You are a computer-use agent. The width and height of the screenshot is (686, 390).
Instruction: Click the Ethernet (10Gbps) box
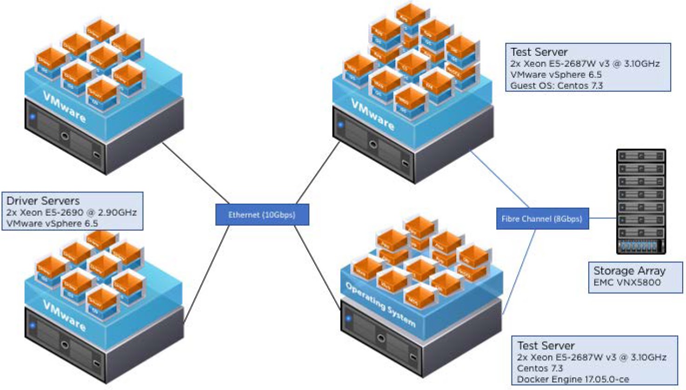pyautogui.click(x=262, y=215)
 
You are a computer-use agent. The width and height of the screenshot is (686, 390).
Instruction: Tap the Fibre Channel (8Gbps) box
pyautogui.click(x=542, y=218)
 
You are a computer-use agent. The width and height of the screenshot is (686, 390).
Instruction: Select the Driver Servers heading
pyautogui.click(x=43, y=201)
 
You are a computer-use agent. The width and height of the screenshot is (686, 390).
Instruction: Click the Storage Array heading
pyautogui.click(x=629, y=271)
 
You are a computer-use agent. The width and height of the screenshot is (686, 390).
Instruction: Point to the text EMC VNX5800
pyautogui.click(x=627, y=282)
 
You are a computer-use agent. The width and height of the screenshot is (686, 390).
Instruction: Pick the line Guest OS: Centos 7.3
pyautogui.click(x=556, y=86)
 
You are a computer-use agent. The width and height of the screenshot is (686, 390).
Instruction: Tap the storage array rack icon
pyautogui.click(x=641, y=201)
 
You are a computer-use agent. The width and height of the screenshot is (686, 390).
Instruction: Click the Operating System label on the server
pyautogui.click(x=380, y=304)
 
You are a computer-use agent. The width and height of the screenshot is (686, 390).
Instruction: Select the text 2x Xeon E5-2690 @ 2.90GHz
pyautogui.click(x=72, y=212)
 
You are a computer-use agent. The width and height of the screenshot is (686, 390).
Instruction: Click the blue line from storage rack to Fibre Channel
pyautogui.click(x=602, y=218)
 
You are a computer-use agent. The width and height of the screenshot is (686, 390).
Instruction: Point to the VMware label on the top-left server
pyautogui.click(x=64, y=107)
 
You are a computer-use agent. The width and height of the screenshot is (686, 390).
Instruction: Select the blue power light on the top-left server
pyautogui.click(x=32, y=116)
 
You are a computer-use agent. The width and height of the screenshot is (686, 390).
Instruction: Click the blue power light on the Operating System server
pyautogui.click(x=348, y=319)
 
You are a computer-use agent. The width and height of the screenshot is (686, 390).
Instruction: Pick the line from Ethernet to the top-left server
pyautogui.click(x=195, y=173)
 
